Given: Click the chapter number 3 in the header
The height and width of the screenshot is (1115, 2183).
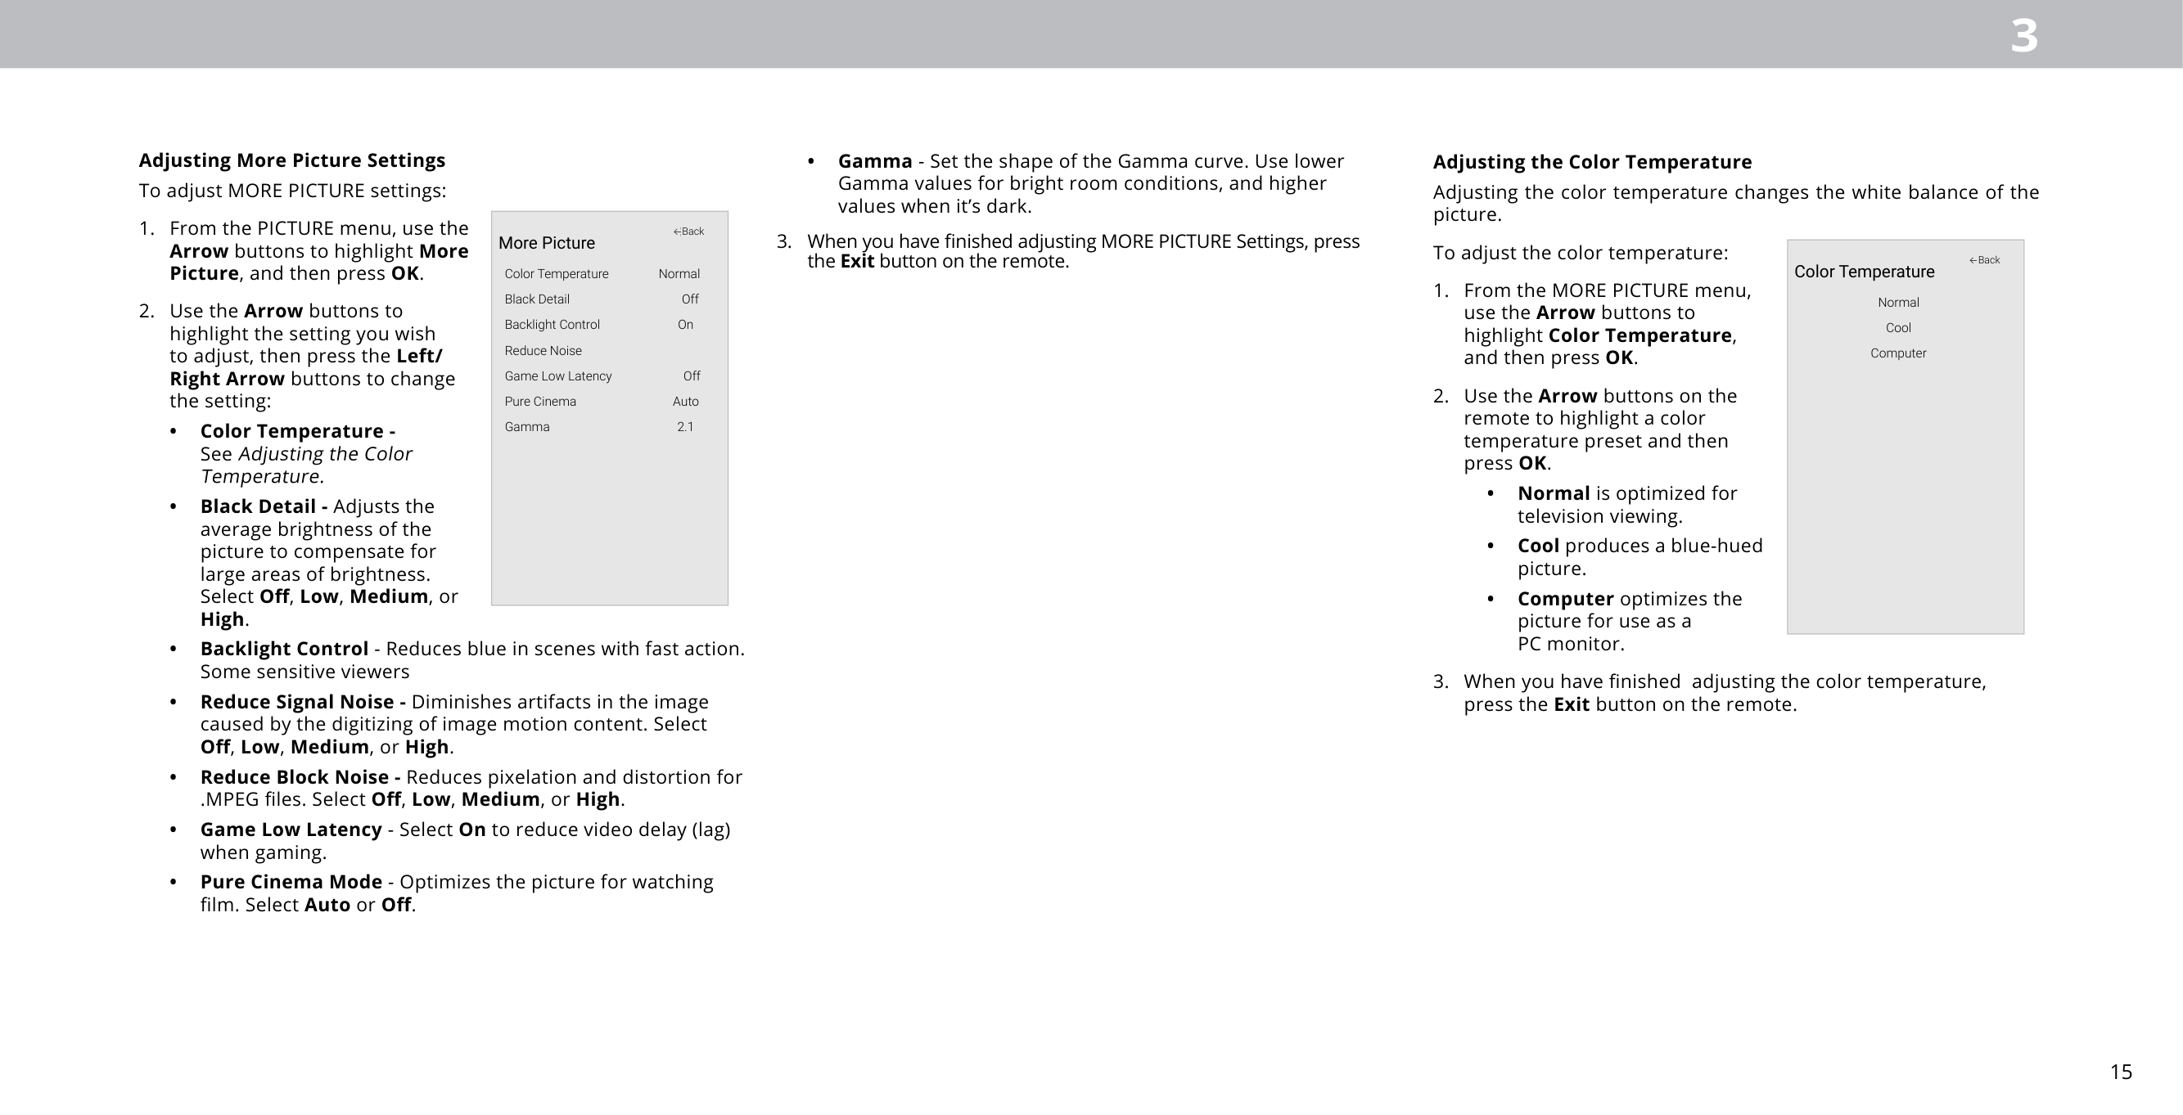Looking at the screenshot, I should click(x=2023, y=37).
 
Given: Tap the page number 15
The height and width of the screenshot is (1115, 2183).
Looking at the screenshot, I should click(x=2120, y=1072).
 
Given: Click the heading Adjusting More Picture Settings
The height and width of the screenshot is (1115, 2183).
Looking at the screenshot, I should click(x=291, y=160).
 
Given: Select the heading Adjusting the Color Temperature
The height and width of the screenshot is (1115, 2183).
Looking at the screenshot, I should click(x=1591, y=162).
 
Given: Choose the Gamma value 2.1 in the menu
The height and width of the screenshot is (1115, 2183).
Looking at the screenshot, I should click(x=685, y=427).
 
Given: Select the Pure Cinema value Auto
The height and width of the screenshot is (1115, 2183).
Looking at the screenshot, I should click(x=685, y=402).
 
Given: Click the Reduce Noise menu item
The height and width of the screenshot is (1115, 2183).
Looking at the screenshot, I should click(x=543, y=351).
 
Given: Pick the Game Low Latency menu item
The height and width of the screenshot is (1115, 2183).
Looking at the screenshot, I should click(x=557, y=376).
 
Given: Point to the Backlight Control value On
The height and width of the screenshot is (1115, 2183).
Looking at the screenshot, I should click(x=685, y=325).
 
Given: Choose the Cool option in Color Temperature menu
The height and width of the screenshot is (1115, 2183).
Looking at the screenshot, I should click(x=1897, y=328).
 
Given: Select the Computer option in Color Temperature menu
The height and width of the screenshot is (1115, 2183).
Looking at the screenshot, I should click(x=1897, y=353).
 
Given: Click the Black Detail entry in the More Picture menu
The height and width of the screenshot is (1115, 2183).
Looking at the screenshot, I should click(x=536, y=299).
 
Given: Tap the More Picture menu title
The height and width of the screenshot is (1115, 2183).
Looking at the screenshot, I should click(x=547, y=243).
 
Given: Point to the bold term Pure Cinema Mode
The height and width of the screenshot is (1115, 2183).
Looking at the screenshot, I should click(x=291, y=882).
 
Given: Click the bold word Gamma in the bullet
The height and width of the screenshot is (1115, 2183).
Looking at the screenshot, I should click(x=874, y=161).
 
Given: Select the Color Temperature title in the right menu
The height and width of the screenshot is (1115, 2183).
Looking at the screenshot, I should click(x=1864, y=272).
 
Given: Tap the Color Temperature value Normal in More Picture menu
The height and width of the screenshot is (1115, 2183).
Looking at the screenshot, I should click(x=679, y=274).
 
